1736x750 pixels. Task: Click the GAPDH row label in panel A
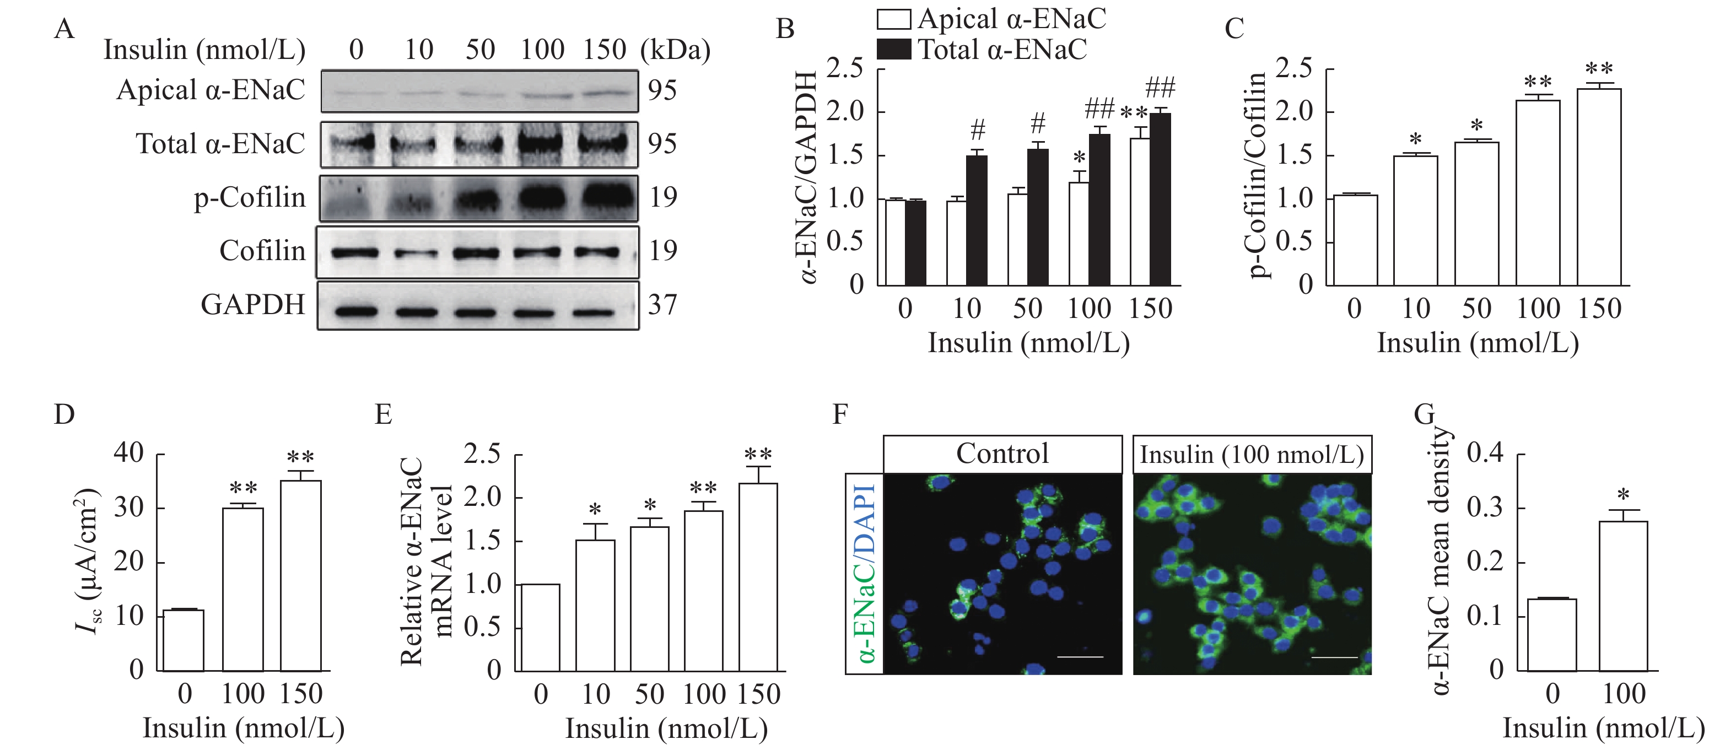[253, 305]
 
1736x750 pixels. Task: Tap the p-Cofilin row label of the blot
[249, 197]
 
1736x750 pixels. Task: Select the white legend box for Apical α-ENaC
[893, 19]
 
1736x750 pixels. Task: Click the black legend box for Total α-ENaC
[893, 49]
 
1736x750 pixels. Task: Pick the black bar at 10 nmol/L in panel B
[977, 221]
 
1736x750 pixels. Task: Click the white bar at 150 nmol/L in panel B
[1140, 212]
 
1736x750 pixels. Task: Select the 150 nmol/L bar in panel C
[1599, 187]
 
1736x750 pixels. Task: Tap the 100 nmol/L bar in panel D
[242, 590]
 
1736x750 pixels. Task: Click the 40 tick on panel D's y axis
[129, 452]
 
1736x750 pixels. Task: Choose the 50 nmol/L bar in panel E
[650, 599]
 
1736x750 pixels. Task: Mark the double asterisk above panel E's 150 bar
[758, 455]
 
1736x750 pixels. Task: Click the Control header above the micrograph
[1002, 454]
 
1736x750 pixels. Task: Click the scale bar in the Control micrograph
[1080, 656]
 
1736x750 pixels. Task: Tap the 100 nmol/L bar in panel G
[1623, 596]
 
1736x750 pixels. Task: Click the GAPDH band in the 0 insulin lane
[355, 312]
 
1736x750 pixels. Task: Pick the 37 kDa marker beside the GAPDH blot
[662, 305]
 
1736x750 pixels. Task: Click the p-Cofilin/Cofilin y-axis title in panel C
[1256, 175]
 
